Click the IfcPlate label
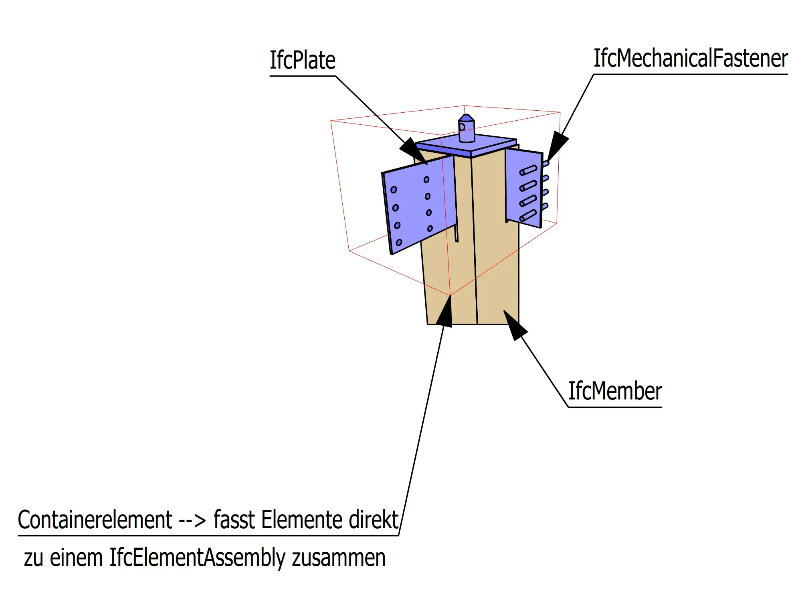[302, 61]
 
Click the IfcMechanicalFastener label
[690, 59]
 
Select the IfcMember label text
[615, 391]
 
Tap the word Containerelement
[95, 520]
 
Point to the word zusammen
[339, 558]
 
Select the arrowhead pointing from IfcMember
[515, 324]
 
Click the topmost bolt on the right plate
[528, 170]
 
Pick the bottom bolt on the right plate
[528, 216]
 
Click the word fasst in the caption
[234, 520]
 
